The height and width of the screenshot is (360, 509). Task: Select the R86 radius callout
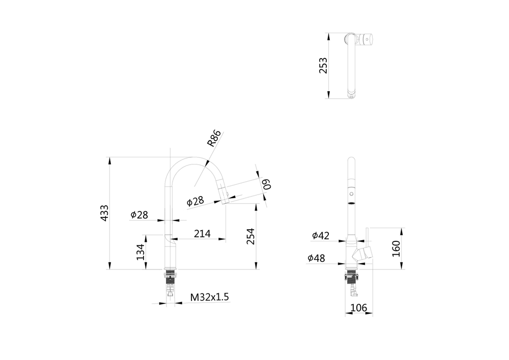click(x=214, y=139)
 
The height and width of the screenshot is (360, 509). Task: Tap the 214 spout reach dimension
click(x=202, y=234)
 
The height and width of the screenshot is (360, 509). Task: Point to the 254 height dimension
click(x=250, y=236)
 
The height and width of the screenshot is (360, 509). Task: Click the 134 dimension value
click(x=141, y=252)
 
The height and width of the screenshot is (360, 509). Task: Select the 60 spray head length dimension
click(x=266, y=184)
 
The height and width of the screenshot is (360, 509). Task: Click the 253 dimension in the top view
click(x=323, y=66)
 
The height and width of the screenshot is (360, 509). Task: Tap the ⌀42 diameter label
click(x=321, y=235)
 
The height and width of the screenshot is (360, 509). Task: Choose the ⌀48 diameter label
click(x=316, y=259)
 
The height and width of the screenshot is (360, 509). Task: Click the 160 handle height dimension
click(x=397, y=248)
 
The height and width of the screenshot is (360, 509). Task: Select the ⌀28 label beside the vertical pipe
click(x=139, y=215)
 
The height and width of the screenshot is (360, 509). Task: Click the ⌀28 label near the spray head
click(x=195, y=201)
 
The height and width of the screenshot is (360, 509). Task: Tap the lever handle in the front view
click(x=364, y=253)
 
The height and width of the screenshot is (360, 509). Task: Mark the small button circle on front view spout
click(x=350, y=194)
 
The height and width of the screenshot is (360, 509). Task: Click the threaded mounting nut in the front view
click(x=351, y=278)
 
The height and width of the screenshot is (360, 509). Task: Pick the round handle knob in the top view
click(x=366, y=39)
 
